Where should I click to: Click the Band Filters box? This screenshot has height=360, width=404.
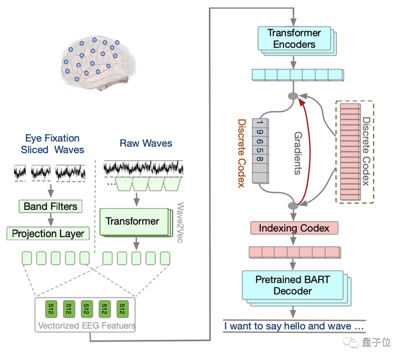[x=50, y=206]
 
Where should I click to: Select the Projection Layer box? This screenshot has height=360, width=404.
[x=48, y=233]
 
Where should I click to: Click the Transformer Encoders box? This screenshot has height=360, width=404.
[x=294, y=38]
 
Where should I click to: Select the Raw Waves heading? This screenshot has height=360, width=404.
[x=146, y=143]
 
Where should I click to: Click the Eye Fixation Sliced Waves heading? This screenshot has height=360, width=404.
[x=52, y=144]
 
